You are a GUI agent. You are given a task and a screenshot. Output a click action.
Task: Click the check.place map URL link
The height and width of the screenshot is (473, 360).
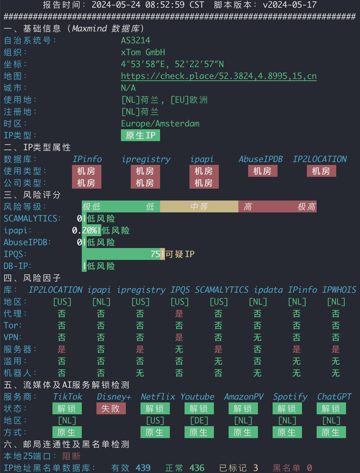click(218, 76)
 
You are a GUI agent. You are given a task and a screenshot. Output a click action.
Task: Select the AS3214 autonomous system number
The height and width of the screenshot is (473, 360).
click(136, 40)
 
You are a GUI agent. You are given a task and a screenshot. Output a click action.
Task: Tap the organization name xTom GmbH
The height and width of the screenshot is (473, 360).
click(143, 52)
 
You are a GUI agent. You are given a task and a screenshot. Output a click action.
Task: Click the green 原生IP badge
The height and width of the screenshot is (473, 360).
click(141, 135)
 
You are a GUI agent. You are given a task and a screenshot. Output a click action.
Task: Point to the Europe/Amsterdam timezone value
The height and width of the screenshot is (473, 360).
click(160, 123)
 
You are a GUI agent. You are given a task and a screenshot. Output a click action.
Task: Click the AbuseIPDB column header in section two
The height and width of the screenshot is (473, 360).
click(261, 159)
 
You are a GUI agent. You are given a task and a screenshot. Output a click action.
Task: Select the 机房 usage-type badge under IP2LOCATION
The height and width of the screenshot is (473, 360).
click(321, 171)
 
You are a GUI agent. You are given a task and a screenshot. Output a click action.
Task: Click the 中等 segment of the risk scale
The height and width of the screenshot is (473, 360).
click(199, 206)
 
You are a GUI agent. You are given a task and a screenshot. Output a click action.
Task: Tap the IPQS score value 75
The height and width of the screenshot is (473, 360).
click(155, 254)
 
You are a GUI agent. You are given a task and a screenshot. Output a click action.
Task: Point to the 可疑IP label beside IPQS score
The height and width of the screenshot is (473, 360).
click(180, 254)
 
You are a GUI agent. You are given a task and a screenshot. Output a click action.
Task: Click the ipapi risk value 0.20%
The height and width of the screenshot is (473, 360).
click(85, 230)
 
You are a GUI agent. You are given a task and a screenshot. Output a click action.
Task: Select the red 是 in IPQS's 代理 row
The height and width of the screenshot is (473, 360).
click(179, 314)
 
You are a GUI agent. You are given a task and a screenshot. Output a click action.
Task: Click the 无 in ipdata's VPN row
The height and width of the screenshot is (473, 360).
click(257, 337)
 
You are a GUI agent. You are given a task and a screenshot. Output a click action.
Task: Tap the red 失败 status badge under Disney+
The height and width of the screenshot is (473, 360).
click(111, 408)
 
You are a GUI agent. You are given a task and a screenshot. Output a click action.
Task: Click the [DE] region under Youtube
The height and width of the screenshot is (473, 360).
click(199, 420)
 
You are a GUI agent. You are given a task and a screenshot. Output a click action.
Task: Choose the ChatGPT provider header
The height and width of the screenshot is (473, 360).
click(334, 396)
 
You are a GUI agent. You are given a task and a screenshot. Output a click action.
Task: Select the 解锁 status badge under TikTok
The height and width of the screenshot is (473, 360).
click(67, 408)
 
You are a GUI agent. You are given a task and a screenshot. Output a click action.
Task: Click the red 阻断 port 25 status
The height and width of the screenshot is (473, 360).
click(71, 456)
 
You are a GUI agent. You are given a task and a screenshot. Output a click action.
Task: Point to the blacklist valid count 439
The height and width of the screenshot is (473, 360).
click(143, 468)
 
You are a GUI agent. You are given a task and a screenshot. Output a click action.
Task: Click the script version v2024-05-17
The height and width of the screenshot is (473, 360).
click(290, 5)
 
